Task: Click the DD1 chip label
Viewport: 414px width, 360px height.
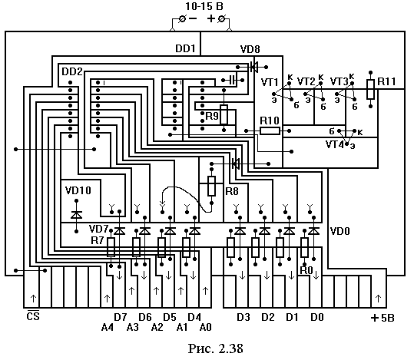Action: (185, 48)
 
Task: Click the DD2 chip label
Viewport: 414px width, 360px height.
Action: (72, 71)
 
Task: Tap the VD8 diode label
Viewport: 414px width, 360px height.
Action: (250, 49)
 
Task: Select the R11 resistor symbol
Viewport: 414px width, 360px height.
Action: (370, 89)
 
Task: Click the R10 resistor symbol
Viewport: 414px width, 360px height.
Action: (270, 131)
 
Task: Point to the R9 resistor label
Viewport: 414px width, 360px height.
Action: (212, 116)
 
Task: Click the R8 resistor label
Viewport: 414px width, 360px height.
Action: (232, 191)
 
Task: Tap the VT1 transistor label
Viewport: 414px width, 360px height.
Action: (270, 82)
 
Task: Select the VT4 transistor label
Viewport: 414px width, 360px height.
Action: (335, 144)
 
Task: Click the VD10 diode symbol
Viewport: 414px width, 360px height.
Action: (77, 215)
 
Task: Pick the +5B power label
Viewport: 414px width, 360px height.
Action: (383, 318)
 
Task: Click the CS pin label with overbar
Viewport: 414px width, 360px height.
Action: (33, 315)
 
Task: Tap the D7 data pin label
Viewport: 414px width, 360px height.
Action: (121, 317)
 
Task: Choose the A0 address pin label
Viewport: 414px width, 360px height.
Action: (206, 327)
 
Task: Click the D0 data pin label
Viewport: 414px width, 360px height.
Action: (317, 317)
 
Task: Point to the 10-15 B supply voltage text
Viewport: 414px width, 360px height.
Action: (204, 6)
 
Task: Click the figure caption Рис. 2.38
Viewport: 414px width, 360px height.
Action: (215, 348)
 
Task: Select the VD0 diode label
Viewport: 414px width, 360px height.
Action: (340, 231)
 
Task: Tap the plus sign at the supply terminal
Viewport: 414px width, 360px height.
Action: (211, 18)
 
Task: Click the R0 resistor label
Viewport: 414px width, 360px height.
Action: (306, 270)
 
